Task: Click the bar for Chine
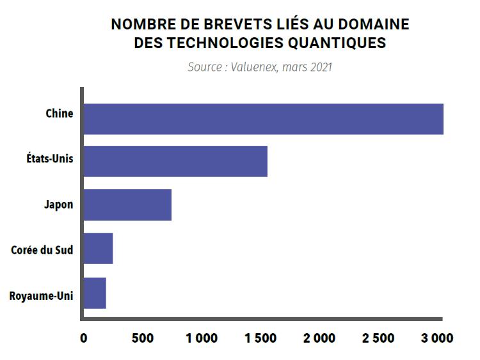(x=263, y=118)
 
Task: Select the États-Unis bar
(x=175, y=161)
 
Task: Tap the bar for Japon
(x=127, y=205)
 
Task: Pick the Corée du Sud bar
(x=98, y=249)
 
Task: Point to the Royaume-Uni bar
(x=95, y=293)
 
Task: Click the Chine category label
(x=60, y=114)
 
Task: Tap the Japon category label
(x=59, y=205)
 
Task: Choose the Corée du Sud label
(x=42, y=249)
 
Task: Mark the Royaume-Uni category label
(x=42, y=296)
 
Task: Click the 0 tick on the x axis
(x=83, y=338)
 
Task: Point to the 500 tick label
(x=143, y=338)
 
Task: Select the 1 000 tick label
(x=202, y=338)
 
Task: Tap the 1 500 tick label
(x=261, y=338)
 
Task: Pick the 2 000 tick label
(x=319, y=338)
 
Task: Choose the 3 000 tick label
(x=436, y=338)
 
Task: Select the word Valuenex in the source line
(x=253, y=67)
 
